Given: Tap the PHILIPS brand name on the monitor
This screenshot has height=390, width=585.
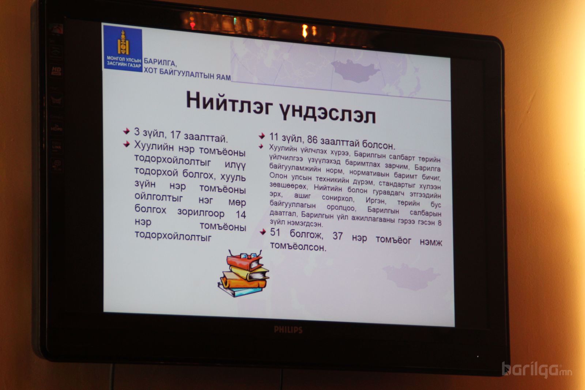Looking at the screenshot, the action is tap(288, 330).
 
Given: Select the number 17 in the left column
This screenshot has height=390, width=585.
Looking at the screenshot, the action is tap(175, 135).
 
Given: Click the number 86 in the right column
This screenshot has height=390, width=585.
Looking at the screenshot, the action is tap(312, 140).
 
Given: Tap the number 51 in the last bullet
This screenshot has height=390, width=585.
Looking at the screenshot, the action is tap(275, 232).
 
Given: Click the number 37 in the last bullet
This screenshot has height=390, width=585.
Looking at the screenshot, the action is tap(337, 236).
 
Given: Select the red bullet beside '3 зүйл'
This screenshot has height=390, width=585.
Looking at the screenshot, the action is tap(127, 131).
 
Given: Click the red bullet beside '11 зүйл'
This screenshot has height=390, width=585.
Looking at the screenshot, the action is tap(262, 136).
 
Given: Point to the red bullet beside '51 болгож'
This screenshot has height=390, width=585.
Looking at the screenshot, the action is tap(263, 231).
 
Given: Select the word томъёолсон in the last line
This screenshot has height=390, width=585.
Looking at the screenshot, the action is tap(298, 246).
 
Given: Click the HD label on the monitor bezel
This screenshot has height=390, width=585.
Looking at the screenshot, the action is tap(56, 70).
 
